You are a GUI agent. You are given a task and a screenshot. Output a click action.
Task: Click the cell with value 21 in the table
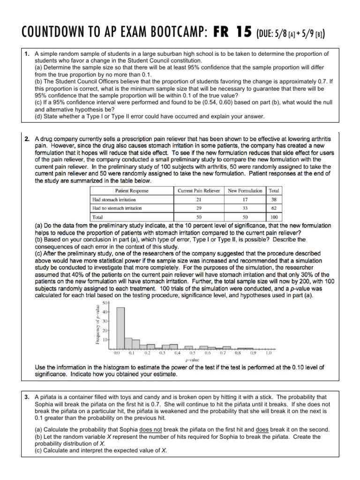tap(199, 199)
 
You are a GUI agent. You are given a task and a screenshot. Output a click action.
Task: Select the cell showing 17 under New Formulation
tap(245, 199)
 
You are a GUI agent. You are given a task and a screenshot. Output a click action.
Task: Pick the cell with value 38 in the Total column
tap(273, 199)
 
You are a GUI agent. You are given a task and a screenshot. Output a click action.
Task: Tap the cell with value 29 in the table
tap(199, 208)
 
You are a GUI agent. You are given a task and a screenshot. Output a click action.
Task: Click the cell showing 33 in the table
tap(245, 208)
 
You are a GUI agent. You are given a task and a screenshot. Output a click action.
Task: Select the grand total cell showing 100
tap(273, 217)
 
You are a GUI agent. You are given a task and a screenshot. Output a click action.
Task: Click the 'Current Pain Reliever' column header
tap(199, 191)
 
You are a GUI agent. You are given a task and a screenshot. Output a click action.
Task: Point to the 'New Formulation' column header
tap(245, 191)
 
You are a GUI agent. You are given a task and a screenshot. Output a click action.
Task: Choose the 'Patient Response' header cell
tap(132, 191)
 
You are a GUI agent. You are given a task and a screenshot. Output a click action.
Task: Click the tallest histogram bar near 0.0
tap(120, 328)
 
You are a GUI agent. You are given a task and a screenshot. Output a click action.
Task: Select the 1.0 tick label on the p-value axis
tap(268, 353)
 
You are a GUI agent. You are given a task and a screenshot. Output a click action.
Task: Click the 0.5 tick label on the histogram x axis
tap(192, 353)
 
